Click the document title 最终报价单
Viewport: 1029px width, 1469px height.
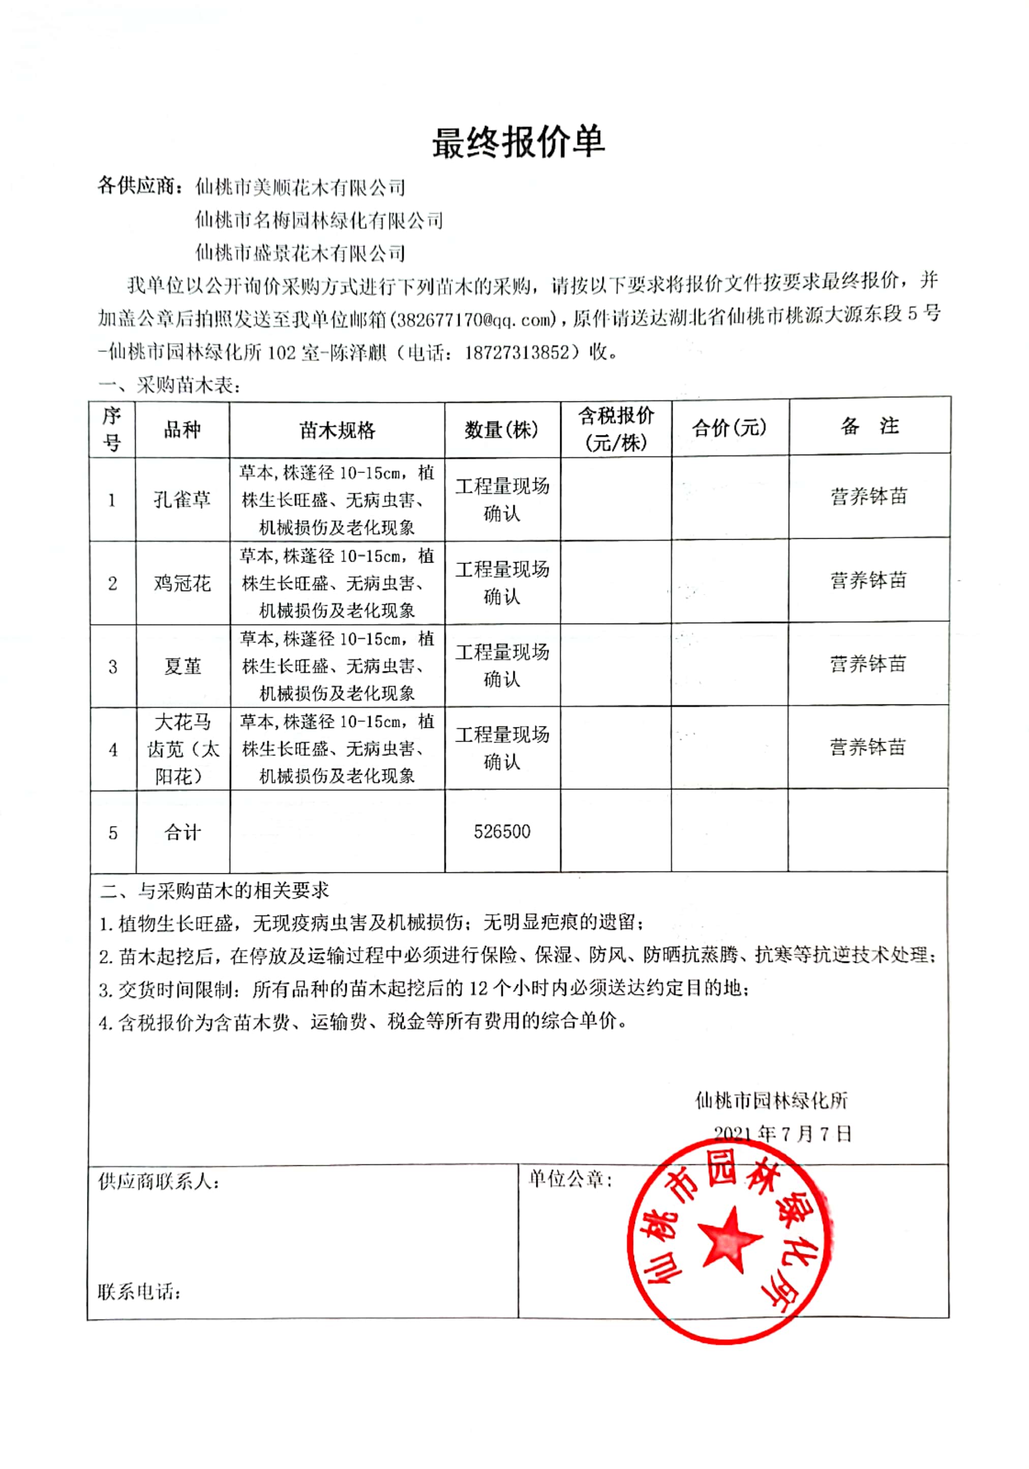point(518,142)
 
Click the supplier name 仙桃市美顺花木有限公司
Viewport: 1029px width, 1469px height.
point(300,188)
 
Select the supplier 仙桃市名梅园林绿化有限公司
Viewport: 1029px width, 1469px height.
point(318,220)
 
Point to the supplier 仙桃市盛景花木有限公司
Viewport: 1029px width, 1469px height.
point(300,253)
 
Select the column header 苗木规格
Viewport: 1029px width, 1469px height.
point(337,430)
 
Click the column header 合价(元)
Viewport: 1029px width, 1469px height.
point(729,427)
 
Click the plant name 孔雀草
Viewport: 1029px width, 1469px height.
point(183,499)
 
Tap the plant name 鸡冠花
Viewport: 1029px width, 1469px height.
point(183,583)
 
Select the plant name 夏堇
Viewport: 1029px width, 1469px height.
point(183,666)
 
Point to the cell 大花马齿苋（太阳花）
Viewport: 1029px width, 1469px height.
point(183,749)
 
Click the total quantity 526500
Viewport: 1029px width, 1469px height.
point(502,831)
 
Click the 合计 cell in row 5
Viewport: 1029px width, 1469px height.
point(183,832)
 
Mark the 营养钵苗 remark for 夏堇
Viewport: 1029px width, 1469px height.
point(868,664)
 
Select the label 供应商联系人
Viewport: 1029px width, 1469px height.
point(159,1181)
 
